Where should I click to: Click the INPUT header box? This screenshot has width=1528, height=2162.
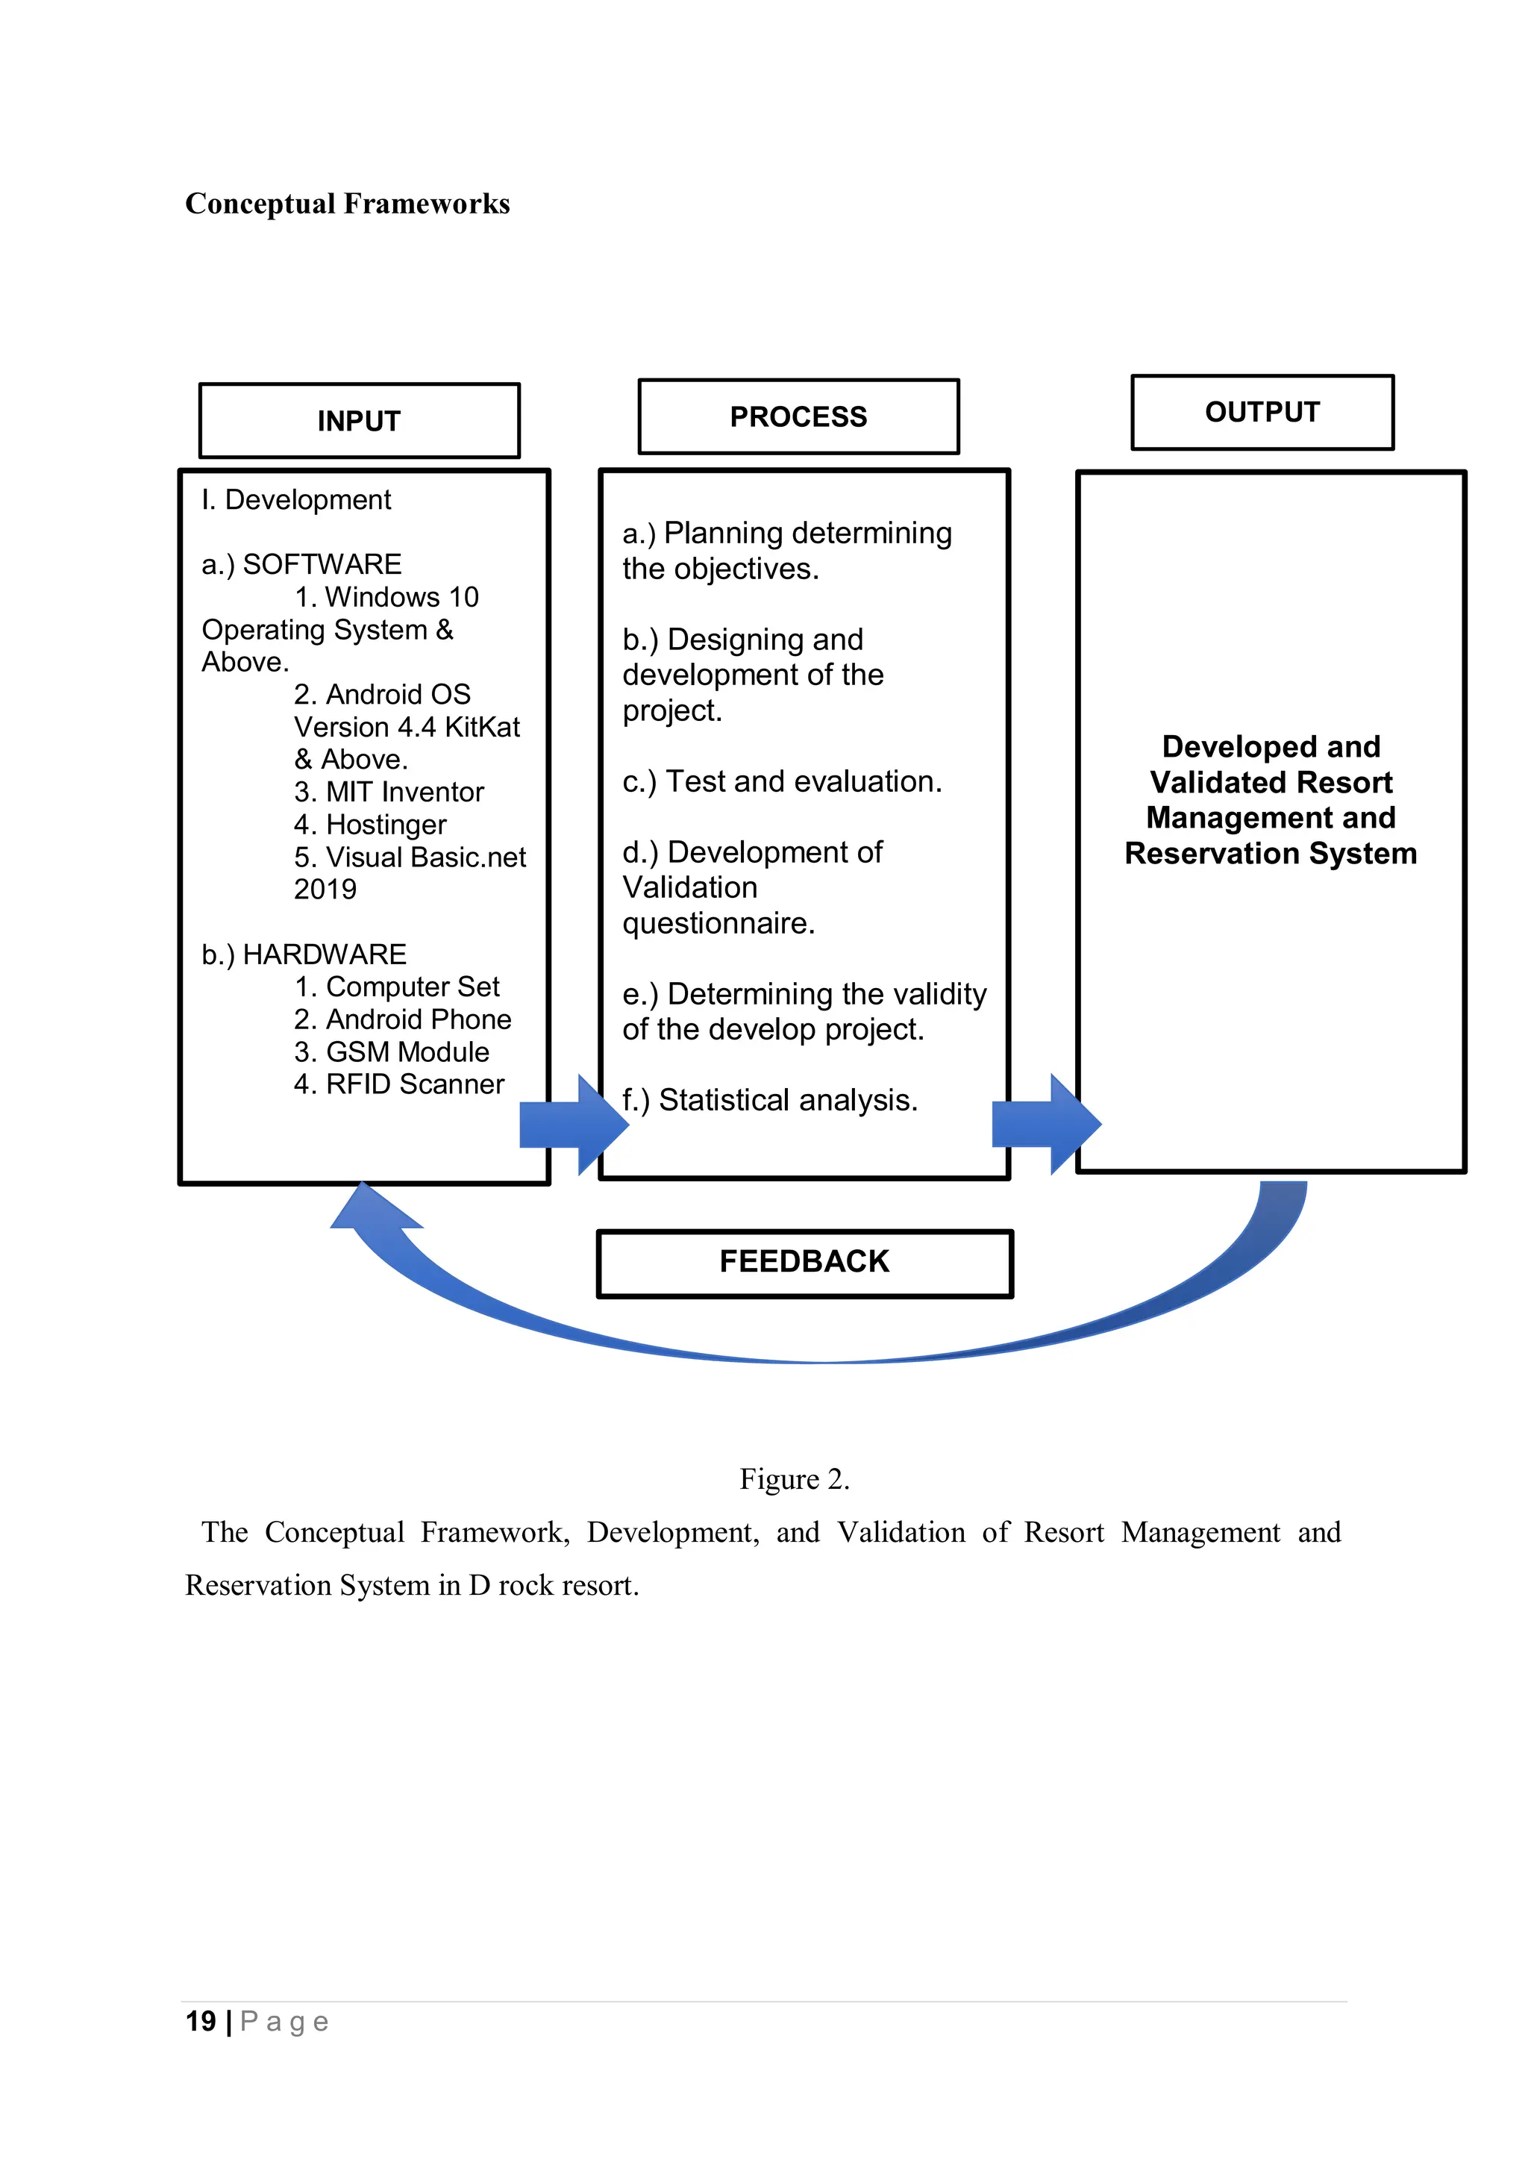(359, 421)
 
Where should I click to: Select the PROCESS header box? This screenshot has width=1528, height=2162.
(798, 417)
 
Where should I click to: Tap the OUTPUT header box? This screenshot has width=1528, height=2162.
(1262, 413)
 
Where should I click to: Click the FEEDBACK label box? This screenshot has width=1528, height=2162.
(804, 1263)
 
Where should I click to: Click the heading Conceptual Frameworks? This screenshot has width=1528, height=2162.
(348, 204)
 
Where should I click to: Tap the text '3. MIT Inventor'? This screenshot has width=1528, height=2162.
(389, 792)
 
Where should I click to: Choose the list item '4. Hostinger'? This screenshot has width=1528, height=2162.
(370, 825)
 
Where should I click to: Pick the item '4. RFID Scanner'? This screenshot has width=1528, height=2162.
(398, 1085)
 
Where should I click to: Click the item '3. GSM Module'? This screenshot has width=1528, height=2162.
(392, 1052)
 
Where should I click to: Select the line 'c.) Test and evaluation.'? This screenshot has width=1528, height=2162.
(781, 781)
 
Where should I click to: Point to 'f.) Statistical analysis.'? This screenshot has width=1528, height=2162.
(769, 1100)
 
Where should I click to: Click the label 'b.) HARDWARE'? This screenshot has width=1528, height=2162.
(303, 955)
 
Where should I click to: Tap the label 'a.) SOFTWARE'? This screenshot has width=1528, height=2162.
(301, 564)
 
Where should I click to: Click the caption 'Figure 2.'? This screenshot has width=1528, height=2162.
(794, 1479)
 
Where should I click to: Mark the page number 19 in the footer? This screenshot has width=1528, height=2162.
(201, 2022)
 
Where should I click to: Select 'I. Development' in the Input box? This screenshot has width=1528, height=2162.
(295, 500)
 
